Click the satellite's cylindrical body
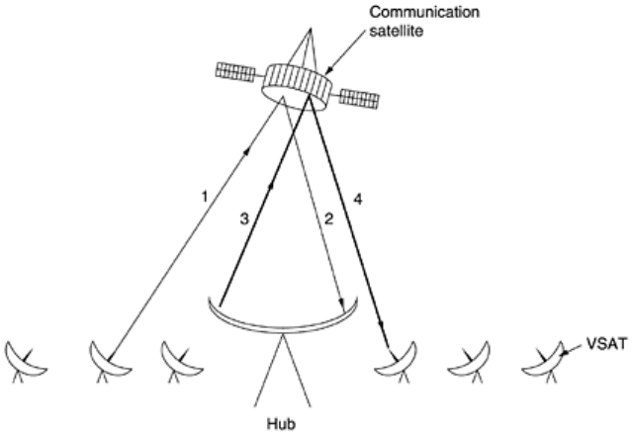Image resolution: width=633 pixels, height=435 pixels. (296, 85)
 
